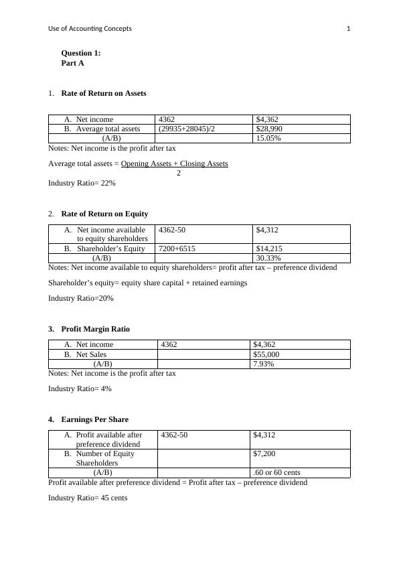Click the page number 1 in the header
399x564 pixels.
[348, 28]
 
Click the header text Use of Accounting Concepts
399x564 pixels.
[90, 28]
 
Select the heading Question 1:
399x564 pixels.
[81, 53]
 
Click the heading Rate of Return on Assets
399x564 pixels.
[103, 93]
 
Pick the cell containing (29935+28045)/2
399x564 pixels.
[187, 129]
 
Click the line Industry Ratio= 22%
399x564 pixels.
[82, 183]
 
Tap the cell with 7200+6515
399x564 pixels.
[177, 249]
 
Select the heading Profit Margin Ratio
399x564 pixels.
[95, 329]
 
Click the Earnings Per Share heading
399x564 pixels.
[94, 419]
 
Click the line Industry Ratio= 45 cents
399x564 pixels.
[87, 498]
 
